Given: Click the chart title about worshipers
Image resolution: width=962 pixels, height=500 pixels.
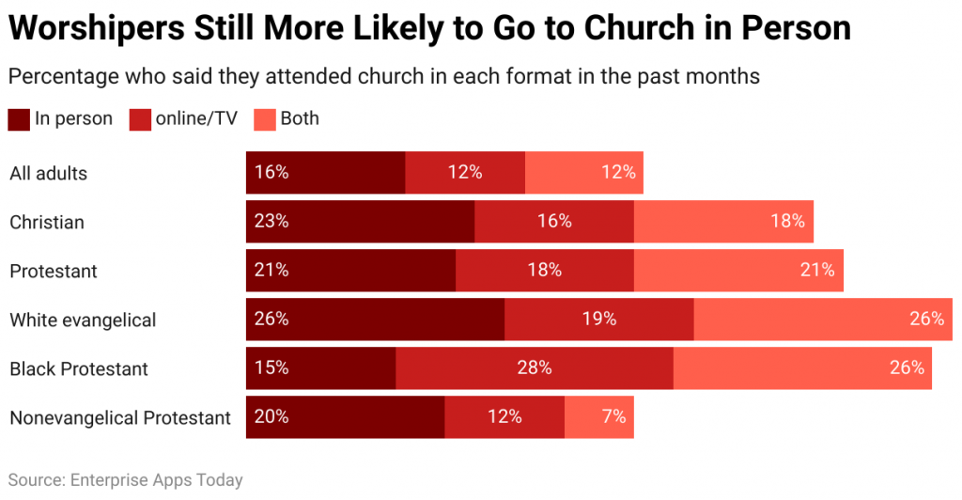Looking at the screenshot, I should click(429, 28).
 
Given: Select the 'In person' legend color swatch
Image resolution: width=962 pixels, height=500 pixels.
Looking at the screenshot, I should click(19, 119).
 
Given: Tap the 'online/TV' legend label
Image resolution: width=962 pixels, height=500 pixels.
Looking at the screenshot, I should click(195, 119).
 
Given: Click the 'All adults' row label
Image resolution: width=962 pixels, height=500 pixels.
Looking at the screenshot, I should click(48, 173).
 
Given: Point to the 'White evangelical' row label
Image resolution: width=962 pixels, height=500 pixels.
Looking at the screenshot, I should click(83, 320).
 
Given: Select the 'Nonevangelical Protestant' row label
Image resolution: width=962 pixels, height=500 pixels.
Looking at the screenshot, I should click(120, 417).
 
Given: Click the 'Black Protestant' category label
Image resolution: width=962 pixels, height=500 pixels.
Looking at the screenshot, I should click(79, 368).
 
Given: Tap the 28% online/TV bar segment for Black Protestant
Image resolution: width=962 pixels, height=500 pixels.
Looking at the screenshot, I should click(534, 368).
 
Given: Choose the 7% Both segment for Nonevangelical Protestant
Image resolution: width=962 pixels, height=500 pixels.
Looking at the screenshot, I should click(599, 417).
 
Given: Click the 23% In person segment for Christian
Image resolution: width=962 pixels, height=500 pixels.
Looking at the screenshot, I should click(360, 222).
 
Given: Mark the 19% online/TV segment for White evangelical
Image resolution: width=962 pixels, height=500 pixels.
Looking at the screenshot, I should click(598, 320).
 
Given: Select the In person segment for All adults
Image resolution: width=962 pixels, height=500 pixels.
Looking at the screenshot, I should click(325, 173).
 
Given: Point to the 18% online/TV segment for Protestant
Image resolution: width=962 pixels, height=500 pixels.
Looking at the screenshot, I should click(544, 271).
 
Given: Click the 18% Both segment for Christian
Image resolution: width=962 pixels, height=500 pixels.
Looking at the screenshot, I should click(723, 222).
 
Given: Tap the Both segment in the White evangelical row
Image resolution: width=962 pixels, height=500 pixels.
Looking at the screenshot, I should click(822, 320).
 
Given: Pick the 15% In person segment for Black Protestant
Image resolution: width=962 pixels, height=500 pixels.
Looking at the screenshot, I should click(320, 368).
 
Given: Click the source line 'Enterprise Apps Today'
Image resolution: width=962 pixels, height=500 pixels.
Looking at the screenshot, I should click(125, 480).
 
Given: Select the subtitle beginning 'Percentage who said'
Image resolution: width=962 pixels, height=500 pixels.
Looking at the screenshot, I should click(383, 76).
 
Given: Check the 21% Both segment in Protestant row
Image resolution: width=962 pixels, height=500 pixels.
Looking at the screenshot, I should click(738, 271).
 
